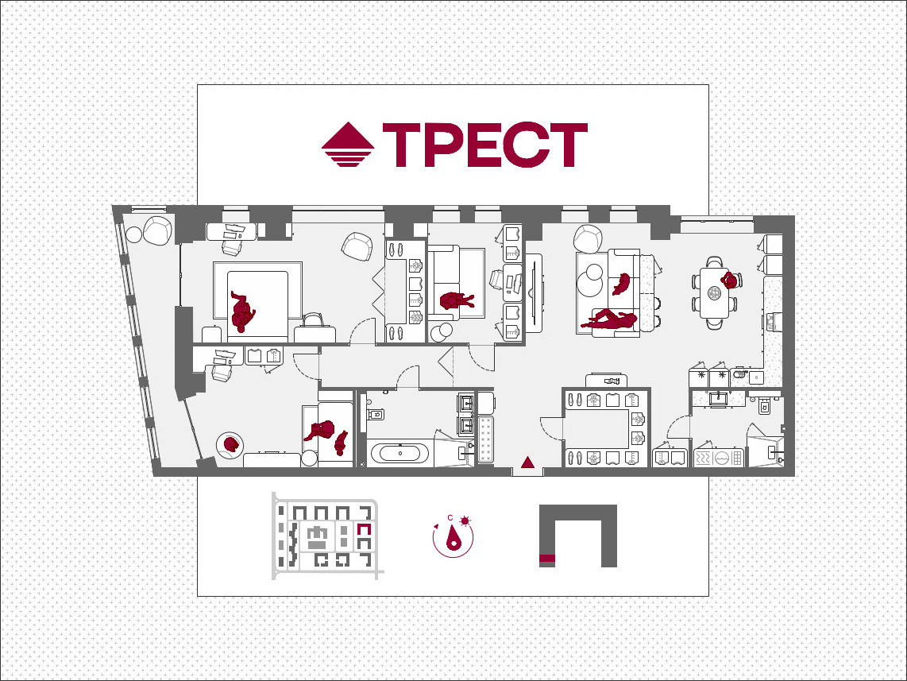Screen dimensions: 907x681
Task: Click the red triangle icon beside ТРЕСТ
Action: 348,144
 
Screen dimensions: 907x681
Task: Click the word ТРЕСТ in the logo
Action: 485,145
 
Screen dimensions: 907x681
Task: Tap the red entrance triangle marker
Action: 527,462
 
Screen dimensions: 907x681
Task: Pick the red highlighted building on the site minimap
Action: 364,529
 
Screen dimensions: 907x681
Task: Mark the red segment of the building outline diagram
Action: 547,559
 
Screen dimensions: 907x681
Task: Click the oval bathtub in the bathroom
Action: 400,453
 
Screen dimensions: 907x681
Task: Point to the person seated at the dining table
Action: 731,281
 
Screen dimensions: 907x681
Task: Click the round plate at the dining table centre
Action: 714,293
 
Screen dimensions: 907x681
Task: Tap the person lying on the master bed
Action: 242,311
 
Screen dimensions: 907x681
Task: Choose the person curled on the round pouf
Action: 231,444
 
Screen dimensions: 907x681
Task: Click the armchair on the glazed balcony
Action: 157,230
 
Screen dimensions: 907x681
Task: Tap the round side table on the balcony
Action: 133,234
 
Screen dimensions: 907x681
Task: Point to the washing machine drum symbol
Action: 720,459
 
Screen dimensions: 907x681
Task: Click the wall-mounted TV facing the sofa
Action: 535,293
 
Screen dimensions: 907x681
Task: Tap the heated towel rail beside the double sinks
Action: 486,439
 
